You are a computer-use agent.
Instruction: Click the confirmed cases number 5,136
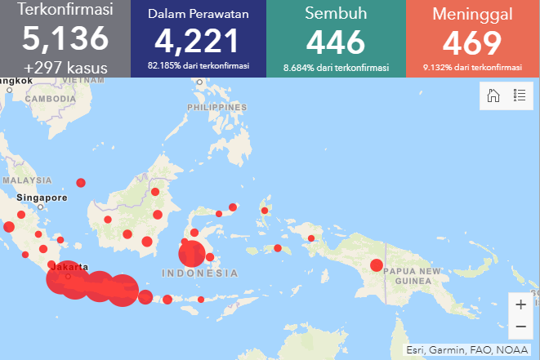pos(65,38)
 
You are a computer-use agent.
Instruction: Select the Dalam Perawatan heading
pos(199,14)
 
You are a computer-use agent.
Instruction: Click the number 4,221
pos(199,41)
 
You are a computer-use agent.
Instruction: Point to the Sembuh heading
pos(336,14)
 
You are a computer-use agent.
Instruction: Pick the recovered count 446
pos(336,41)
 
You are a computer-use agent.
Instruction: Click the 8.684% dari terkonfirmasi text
pos(336,66)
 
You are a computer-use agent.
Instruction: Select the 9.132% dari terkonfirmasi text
pos(472,66)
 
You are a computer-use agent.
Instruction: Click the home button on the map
pos(493,96)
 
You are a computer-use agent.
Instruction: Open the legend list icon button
pos(519,96)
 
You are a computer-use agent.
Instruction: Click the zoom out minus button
pos(520,327)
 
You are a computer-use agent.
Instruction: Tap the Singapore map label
pos(42,198)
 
